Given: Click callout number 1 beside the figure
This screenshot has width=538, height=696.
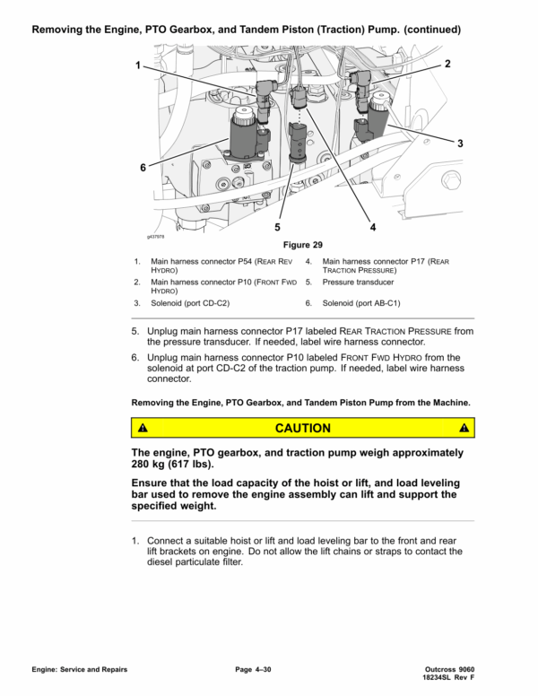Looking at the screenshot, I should pyautogui.click(x=138, y=65).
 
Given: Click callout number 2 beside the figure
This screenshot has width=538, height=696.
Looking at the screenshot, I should pyautogui.click(x=447, y=65).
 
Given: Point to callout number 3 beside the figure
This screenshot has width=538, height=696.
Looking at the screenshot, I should pyautogui.click(x=459, y=144).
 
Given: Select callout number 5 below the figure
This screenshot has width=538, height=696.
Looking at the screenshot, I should pyautogui.click(x=278, y=227).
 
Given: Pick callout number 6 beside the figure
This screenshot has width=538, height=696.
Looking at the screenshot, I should pyautogui.click(x=142, y=167).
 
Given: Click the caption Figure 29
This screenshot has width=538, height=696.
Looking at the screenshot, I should pyautogui.click(x=302, y=245).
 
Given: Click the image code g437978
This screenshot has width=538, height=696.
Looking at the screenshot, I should pyautogui.click(x=158, y=237).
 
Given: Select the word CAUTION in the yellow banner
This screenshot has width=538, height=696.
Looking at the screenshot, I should pyautogui.click(x=302, y=428).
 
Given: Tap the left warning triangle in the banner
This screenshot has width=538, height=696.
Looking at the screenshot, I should pyautogui.click(x=143, y=428).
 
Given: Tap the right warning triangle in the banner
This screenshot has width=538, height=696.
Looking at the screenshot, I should pyautogui.click(x=463, y=428).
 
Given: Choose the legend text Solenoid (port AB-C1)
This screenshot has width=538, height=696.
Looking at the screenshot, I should pyautogui.click(x=360, y=303).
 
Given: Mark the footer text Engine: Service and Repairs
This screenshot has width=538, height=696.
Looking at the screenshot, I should pyautogui.click(x=79, y=670).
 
